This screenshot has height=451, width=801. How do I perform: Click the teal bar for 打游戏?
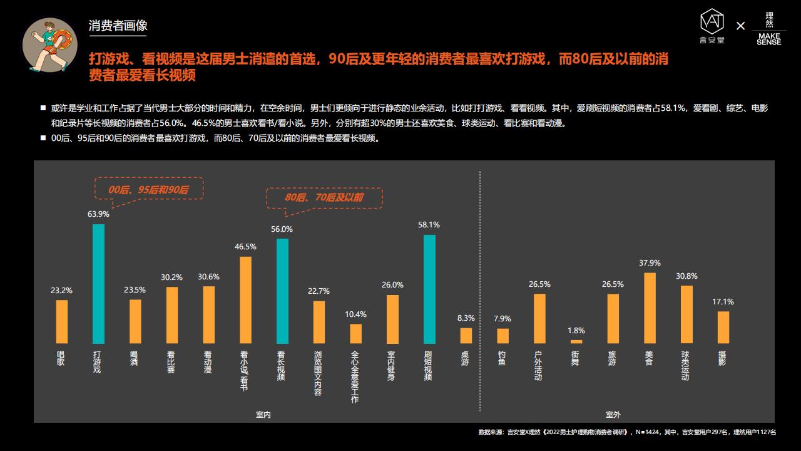[x=98, y=284]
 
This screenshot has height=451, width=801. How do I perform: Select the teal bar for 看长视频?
[x=282, y=291]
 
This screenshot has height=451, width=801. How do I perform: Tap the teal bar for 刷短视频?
[x=429, y=289]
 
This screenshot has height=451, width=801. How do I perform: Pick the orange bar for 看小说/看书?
[x=245, y=300]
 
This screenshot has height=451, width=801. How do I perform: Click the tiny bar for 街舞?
[x=576, y=341]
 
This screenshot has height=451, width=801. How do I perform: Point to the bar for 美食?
[x=650, y=308]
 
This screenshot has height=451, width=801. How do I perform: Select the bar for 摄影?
[x=723, y=327]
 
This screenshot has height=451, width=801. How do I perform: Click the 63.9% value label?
[x=98, y=214]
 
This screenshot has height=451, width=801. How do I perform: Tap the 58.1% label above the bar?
[x=429, y=225]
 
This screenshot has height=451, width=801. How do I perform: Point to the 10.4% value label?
[x=355, y=314]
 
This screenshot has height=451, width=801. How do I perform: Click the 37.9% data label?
[x=650, y=263]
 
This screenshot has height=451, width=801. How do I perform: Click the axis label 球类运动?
[x=686, y=366]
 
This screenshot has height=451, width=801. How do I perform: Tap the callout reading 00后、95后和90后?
[x=148, y=189]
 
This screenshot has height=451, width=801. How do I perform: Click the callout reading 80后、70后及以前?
[x=324, y=197]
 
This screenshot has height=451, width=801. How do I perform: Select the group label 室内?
[x=263, y=415]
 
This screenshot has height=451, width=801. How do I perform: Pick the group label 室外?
[x=613, y=415]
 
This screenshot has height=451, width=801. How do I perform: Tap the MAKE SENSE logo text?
[x=768, y=39]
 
